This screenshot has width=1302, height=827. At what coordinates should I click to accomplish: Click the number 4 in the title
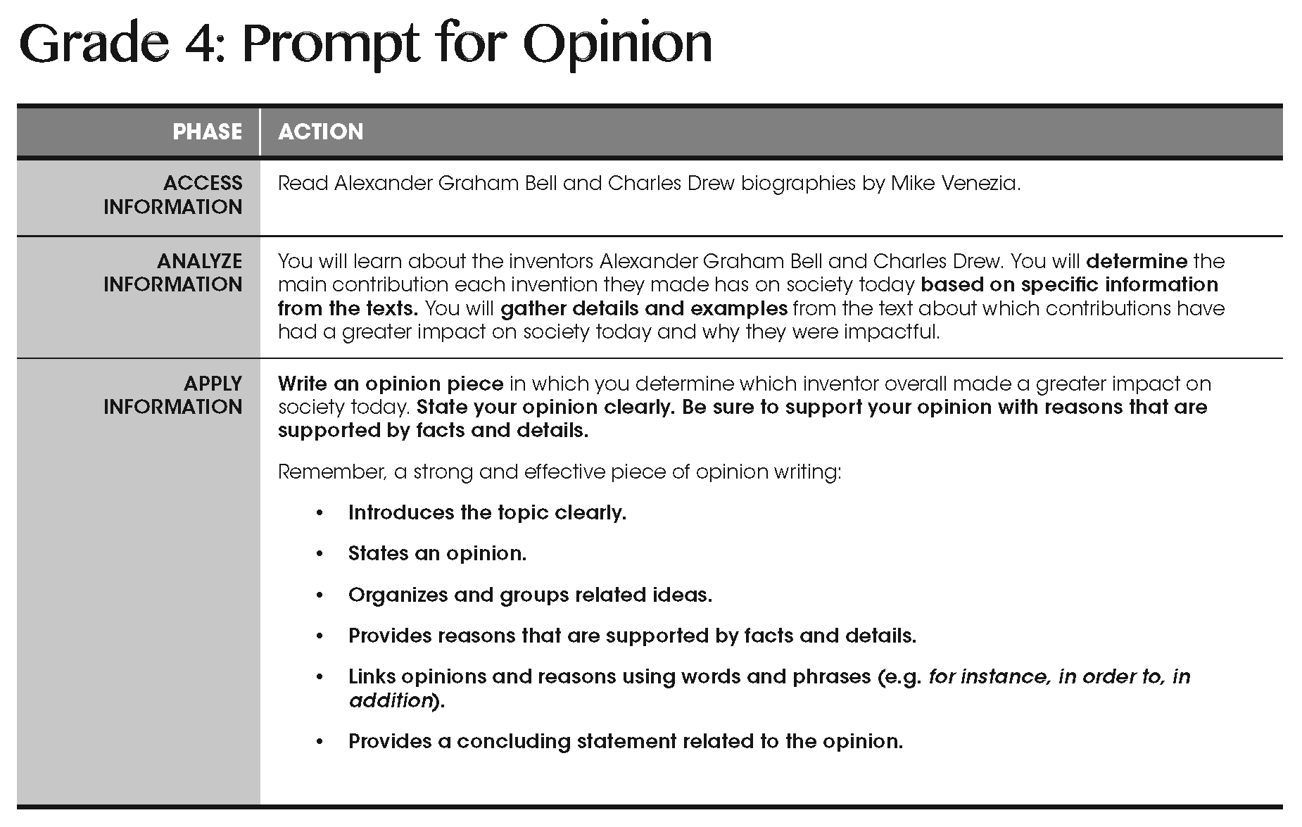202,44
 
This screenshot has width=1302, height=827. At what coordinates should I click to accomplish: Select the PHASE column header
207,132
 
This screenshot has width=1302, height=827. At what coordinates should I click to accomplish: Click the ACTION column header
320,132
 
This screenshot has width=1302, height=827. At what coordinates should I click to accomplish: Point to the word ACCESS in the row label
203,183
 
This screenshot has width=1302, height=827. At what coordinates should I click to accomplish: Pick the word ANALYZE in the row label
200,261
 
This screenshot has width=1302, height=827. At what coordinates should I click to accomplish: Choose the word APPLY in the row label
213,384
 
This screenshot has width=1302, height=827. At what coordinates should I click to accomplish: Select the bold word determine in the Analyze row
1137,261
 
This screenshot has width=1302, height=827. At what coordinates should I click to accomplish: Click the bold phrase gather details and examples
644,308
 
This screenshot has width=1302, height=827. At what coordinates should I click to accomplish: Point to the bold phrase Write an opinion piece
391,384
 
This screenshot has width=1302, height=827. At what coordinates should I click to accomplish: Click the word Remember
331,472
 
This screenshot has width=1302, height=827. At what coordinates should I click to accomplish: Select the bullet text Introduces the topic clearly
487,512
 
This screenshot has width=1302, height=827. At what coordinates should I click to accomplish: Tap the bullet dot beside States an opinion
320,555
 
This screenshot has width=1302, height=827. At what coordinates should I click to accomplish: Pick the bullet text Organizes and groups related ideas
530,595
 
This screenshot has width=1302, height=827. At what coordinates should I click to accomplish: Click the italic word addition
390,700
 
